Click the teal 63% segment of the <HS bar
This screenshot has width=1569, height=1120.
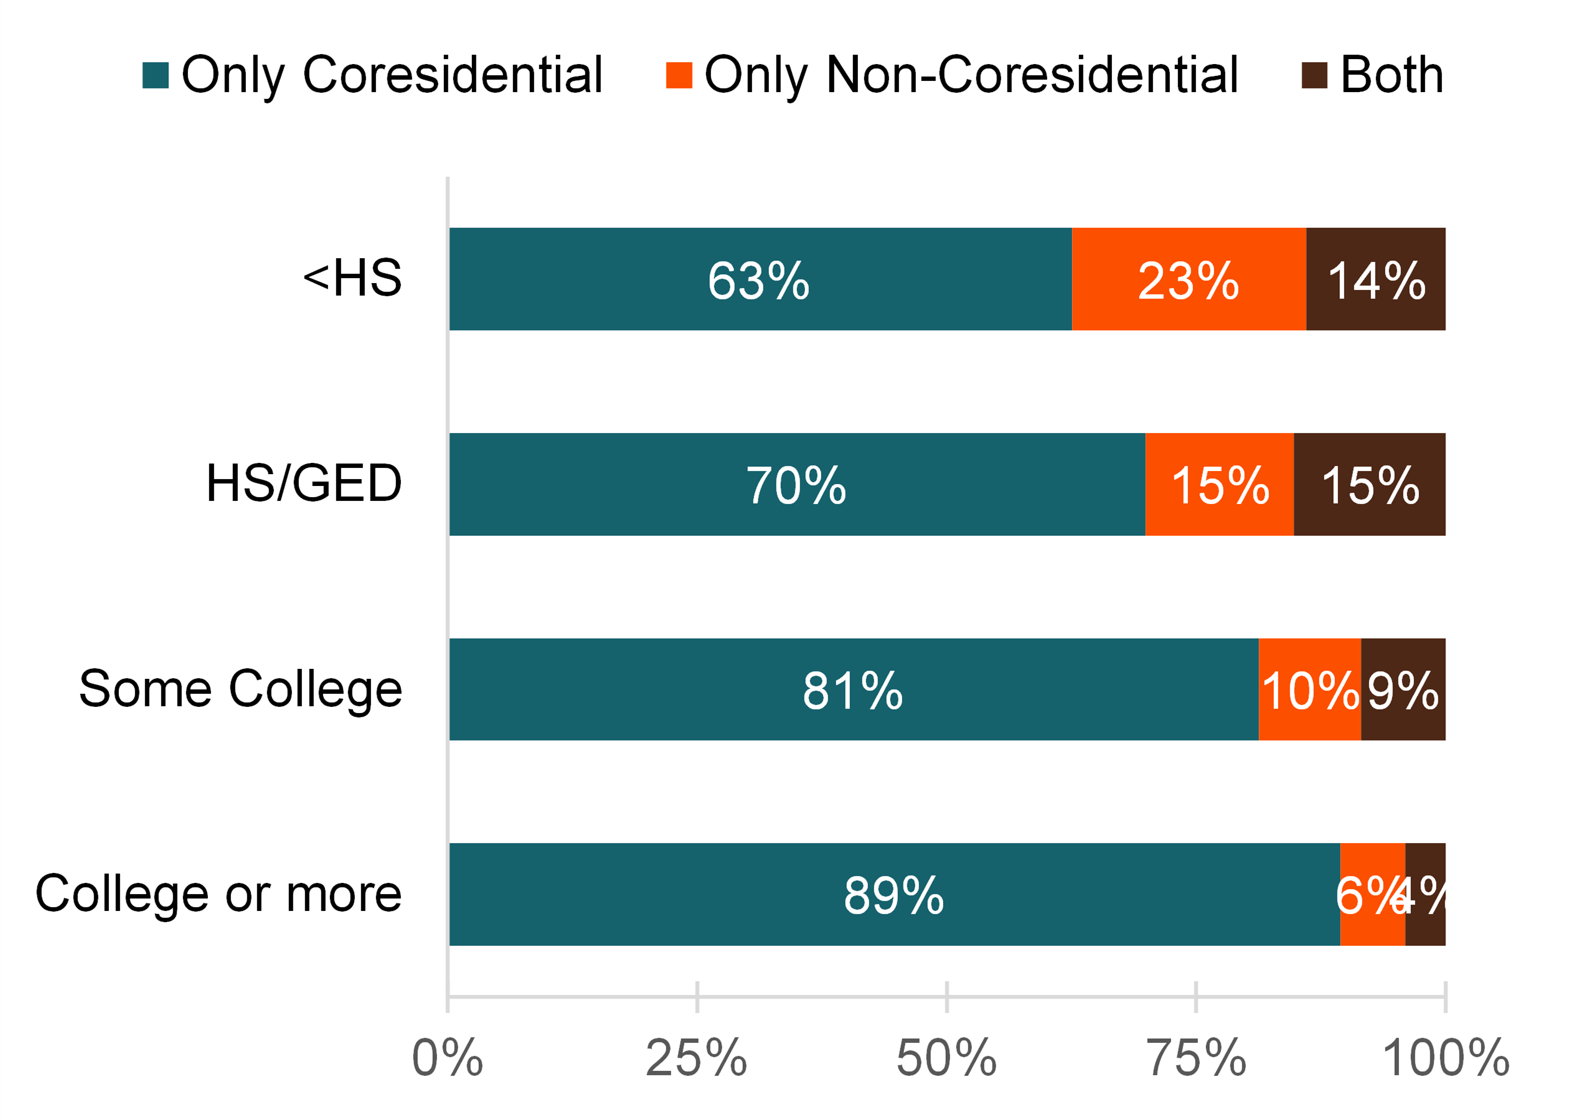click(x=760, y=279)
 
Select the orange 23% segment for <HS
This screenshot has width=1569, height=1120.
click(x=1188, y=279)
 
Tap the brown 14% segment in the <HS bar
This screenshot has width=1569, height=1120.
click(x=1375, y=279)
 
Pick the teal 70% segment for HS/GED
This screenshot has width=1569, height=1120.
click(x=796, y=484)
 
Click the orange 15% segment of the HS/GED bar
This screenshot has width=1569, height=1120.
click(x=1218, y=484)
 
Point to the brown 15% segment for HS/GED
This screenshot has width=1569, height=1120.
click(x=1369, y=484)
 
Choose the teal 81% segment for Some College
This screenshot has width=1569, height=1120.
click(x=853, y=689)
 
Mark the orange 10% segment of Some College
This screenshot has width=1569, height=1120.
click(x=1309, y=689)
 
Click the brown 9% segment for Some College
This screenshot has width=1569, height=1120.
click(x=1403, y=689)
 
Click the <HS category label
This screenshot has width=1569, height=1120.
click(x=352, y=278)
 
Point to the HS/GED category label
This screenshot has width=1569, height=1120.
click(x=304, y=483)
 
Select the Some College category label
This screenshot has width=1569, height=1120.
click(x=240, y=688)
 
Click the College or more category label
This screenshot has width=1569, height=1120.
click(x=218, y=893)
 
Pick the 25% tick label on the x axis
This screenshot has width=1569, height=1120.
click(x=696, y=1058)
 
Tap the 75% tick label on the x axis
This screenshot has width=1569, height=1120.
click(x=1195, y=1058)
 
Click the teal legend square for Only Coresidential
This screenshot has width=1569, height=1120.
click(x=155, y=75)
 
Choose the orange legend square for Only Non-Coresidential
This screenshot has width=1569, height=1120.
click(x=678, y=75)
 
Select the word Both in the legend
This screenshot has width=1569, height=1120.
click(x=1391, y=75)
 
